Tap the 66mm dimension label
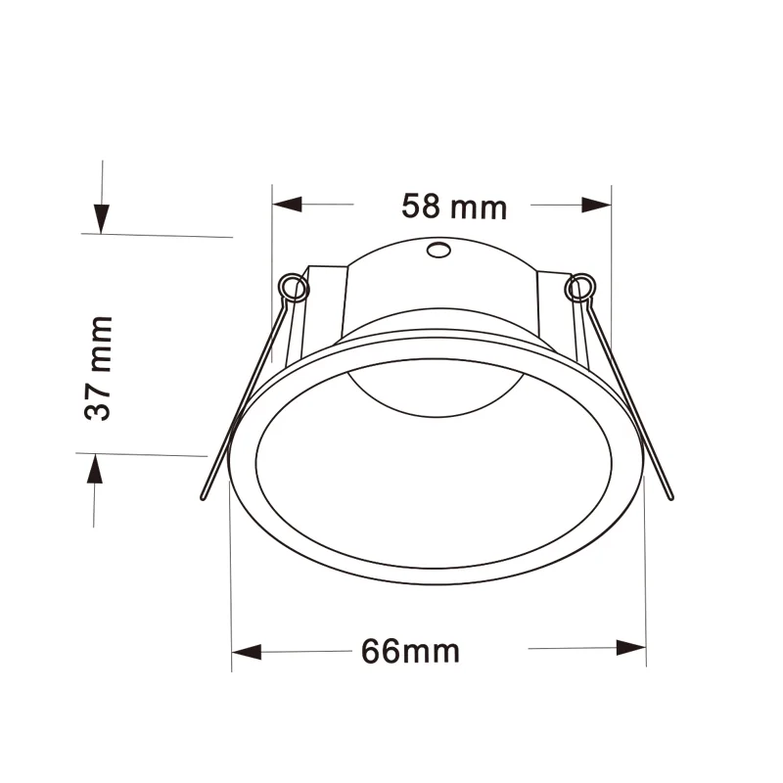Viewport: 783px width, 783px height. coord(410,651)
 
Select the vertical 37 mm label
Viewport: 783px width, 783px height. coord(98,367)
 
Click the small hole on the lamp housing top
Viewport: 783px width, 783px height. coord(438,251)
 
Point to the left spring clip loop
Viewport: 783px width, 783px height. coord(291,286)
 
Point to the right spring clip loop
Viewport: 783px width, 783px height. coord(578,287)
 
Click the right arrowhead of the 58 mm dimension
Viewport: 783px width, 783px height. coord(596,205)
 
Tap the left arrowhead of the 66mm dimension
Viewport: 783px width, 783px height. coord(246,651)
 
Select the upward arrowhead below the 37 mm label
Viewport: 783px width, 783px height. coord(94,471)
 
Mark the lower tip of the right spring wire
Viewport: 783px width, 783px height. coord(670,496)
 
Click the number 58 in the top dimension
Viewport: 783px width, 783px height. coord(420,207)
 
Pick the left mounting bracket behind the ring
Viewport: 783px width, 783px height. coord(323,299)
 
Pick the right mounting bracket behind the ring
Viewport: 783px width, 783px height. coord(553,299)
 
